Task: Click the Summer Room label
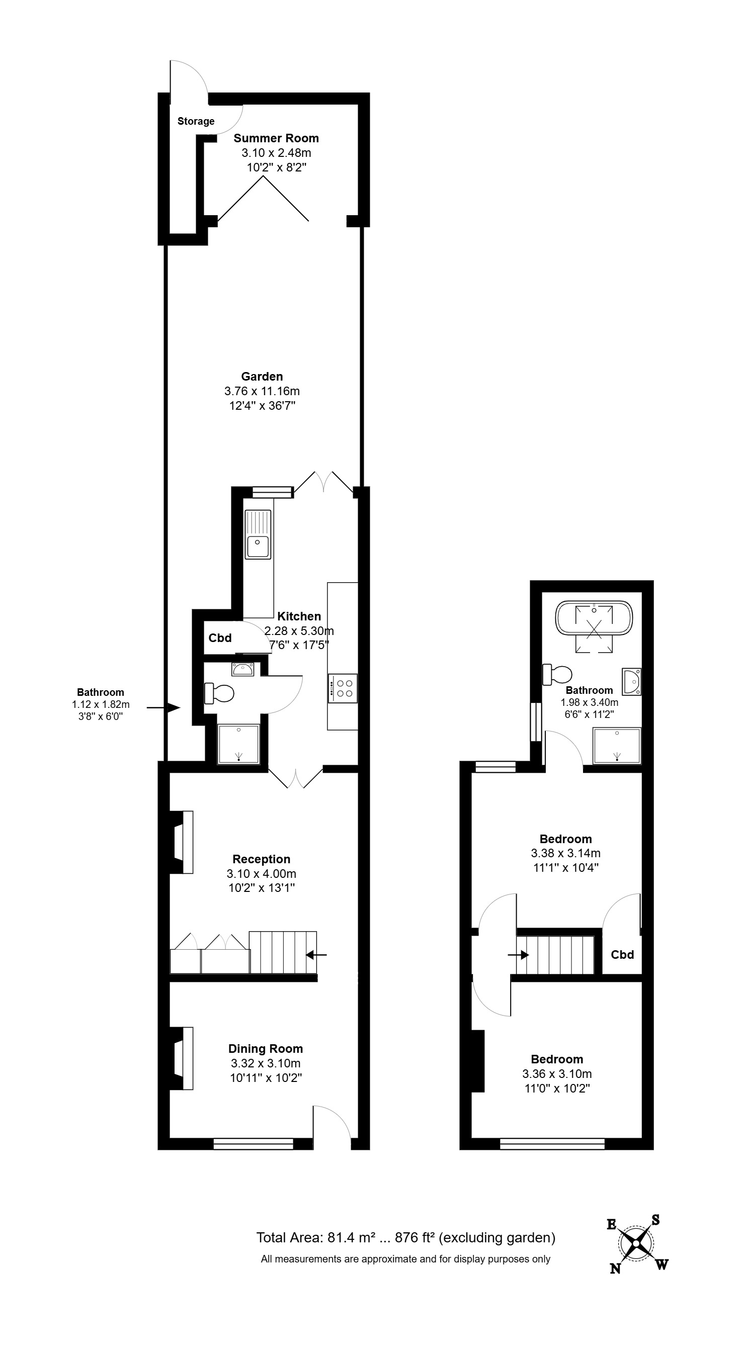(276, 138)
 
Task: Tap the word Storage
(196, 121)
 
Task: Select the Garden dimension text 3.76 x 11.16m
(262, 391)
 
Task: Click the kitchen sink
(258, 534)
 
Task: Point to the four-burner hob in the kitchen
(343, 688)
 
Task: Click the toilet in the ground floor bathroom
(219, 693)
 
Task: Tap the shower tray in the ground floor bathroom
(239, 744)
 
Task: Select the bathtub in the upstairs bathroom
(594, 618)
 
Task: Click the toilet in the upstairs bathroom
(557, 675)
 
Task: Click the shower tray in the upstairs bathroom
(617, 746)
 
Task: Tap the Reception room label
(262, 859)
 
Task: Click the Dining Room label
(265, 1049)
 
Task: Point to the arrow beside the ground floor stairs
(316, 955)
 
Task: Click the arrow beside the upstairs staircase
(518, 955)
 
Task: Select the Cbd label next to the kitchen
(220, 638)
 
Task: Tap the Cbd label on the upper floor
(622, 955)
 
